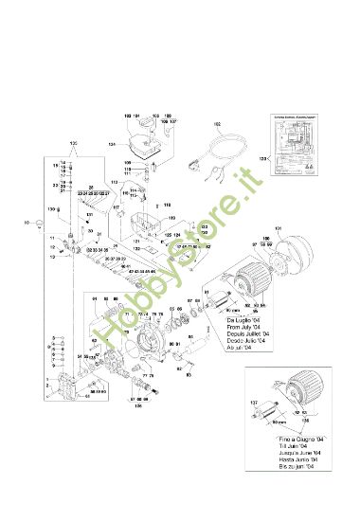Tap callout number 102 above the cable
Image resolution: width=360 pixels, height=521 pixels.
tap(217, 124)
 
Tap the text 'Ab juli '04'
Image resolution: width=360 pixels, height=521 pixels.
tap(243, 349)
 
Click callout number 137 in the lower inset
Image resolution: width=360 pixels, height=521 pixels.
tap(254, 403)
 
